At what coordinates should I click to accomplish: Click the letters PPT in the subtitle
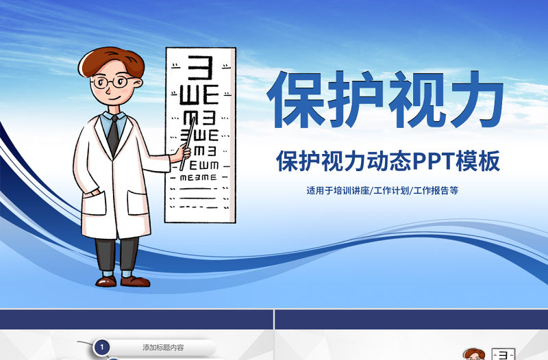tap(430, 162)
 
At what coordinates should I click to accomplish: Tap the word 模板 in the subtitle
tap(481, 162)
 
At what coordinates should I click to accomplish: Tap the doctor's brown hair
tap(110, 60)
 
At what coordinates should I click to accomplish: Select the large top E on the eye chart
tap(201, 68)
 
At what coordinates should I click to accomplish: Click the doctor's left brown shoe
tap(105, 281)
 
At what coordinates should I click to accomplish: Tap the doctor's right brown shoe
tap(134, 281)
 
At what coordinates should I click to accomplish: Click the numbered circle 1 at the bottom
tap(102, 348)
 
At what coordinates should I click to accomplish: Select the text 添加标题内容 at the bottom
tap(163, 348)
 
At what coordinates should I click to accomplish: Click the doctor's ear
tap(138, 86)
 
